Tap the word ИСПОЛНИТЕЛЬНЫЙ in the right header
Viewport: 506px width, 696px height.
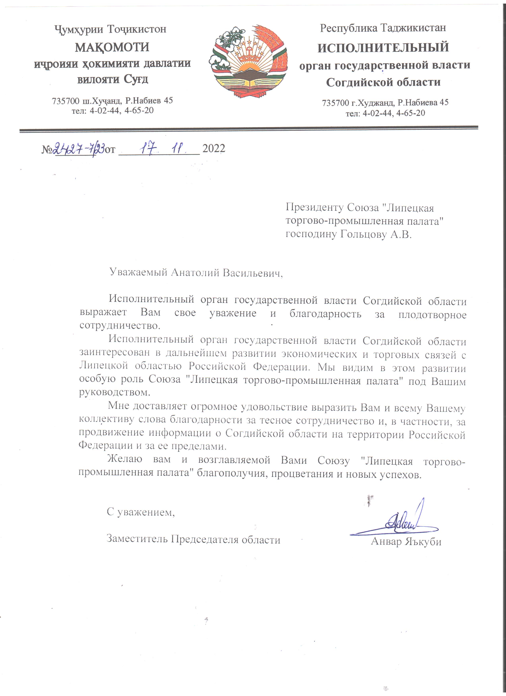383,48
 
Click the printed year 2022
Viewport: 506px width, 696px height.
214,149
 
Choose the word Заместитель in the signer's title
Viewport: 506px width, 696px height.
137,539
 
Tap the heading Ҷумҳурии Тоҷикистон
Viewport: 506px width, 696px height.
111,29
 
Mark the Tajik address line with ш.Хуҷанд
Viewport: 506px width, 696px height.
112,101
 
